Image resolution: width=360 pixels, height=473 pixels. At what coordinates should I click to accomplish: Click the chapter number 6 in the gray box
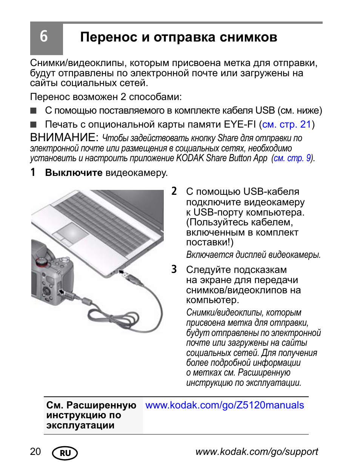point(44,37)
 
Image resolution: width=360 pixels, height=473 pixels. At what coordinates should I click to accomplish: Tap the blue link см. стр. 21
point(286,125)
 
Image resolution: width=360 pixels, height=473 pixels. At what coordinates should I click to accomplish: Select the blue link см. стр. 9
point(292,158)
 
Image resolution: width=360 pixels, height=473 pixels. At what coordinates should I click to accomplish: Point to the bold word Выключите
point(74,173)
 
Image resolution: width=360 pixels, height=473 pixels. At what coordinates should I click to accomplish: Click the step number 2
point(174,191)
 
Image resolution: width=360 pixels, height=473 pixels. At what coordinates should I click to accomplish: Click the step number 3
point(174,270)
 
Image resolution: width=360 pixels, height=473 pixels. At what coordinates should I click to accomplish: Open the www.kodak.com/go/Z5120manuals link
point(225,405)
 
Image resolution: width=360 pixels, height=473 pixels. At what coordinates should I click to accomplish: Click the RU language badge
point(65,453)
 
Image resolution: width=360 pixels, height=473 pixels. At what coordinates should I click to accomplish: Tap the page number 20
point(35,452)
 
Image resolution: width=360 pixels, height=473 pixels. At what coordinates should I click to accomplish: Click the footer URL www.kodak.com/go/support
point(257,452)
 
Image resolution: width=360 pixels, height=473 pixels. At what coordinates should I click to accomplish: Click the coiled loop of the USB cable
point(113,319)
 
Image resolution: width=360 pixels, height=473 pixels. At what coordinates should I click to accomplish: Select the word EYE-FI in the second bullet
point(240,125)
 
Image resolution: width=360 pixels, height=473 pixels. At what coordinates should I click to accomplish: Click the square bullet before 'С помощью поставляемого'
point(34,111)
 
